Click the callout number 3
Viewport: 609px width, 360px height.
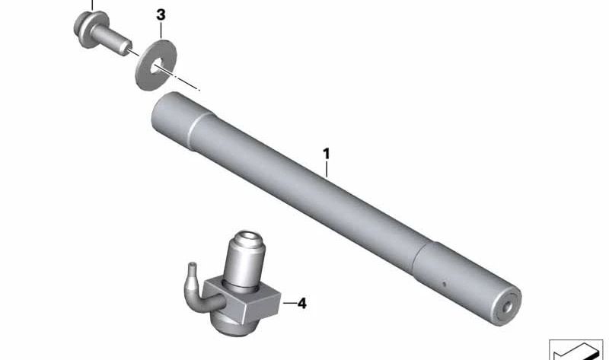pos(161,15)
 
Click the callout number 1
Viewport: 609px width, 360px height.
pos(327,154)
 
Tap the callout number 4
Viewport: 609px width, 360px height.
pos(301,304)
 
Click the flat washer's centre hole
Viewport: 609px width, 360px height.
pos(157,66)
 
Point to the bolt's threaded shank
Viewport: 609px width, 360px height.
pos(113,40)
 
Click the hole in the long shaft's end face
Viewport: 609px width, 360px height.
pos(507,307)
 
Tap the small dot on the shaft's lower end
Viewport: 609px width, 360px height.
pos(444,284)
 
